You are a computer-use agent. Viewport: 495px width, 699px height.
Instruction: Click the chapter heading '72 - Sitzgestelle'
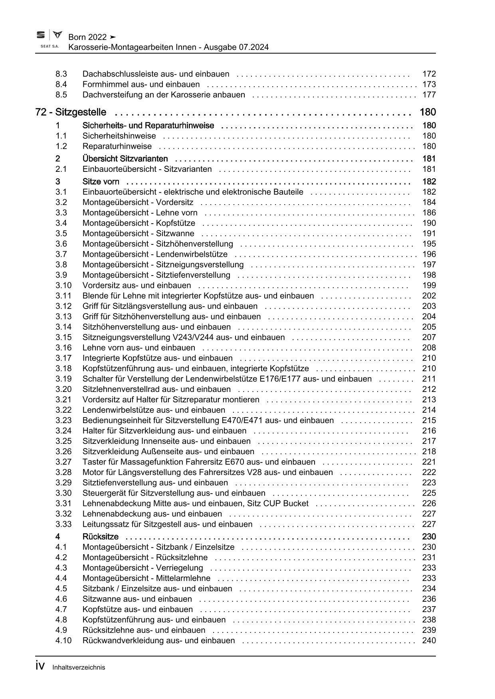71,112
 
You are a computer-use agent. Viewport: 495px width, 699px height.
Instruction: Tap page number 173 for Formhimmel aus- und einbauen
429,84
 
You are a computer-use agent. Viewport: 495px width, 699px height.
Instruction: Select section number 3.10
63,285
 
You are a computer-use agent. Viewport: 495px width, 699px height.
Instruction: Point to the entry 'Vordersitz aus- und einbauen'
137,285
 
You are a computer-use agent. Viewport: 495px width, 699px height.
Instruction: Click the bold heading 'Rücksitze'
100,536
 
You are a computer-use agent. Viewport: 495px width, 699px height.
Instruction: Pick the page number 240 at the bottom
429,640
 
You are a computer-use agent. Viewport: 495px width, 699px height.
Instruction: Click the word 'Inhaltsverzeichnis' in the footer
79,667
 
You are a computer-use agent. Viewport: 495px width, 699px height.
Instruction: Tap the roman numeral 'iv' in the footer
40,666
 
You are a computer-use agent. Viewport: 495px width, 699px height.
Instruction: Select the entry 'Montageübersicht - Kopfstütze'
139,223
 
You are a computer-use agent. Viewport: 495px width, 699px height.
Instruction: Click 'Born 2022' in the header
87,37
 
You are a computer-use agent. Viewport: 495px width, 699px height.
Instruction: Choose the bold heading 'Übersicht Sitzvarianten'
125,159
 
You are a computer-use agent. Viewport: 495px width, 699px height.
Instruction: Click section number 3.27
63,462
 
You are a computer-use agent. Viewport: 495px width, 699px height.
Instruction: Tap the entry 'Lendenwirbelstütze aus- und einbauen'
154,410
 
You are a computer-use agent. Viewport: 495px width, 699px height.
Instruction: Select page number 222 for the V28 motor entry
429,472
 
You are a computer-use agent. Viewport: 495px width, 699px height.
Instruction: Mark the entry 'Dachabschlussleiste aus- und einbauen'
156,74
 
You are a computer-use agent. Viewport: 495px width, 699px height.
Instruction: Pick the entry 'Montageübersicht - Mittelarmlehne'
146,578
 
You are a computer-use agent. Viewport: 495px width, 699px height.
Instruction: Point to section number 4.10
63,640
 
